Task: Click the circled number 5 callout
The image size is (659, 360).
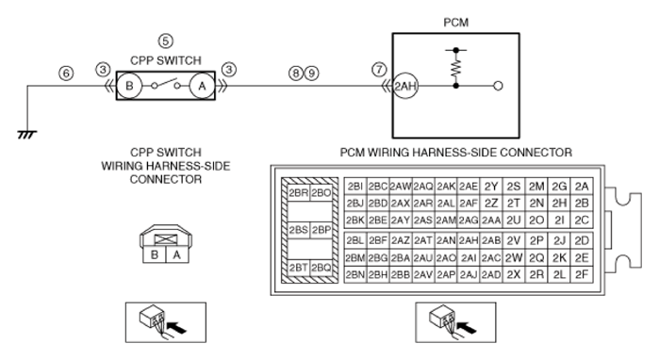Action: (166, 41)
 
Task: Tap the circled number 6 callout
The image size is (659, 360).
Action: (66, 74)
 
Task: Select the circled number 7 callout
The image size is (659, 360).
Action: (379, 70)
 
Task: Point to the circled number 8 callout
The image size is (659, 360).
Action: (296, 74)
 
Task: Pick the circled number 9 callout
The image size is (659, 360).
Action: (311, 74)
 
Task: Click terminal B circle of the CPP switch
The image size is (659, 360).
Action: (129, 86)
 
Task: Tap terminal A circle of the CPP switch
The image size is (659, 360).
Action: (202, 86)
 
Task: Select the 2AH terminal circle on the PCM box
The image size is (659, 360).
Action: (405, 86)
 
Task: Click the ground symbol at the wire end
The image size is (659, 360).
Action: (27, 135)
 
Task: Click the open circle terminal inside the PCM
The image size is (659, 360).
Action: (498, 86)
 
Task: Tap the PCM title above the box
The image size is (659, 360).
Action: (456, 23)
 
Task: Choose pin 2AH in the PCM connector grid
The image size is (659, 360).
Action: (469, 240)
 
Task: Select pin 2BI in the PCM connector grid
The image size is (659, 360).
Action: (355, 186)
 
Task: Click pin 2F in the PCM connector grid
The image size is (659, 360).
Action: (582, 275)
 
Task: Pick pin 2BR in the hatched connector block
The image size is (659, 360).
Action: (299, 193)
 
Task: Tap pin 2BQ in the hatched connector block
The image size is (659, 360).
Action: (321, 268)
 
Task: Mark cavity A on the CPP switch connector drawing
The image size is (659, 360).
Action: (177, 254)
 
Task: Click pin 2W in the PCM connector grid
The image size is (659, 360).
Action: (514, 257)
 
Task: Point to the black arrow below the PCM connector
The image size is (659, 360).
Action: (466, 327)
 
